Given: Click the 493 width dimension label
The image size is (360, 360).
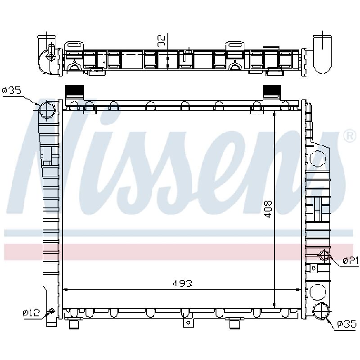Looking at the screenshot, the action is [182, 283].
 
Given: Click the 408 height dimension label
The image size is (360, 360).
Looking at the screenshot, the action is [268, 209].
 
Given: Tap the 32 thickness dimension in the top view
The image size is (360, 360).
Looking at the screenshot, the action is [162, 41].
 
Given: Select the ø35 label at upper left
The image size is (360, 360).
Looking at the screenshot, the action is [12, 90].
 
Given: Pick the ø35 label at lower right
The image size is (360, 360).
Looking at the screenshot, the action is [346, 324].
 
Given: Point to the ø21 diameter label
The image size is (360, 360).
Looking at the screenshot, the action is [351, 261].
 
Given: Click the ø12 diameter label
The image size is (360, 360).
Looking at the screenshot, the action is [31, 312].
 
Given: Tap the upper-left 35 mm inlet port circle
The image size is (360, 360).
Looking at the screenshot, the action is [47, 110].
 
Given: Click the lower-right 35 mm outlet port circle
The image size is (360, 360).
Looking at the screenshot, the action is [321, 311].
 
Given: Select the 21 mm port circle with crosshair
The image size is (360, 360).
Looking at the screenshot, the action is [324, 256].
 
